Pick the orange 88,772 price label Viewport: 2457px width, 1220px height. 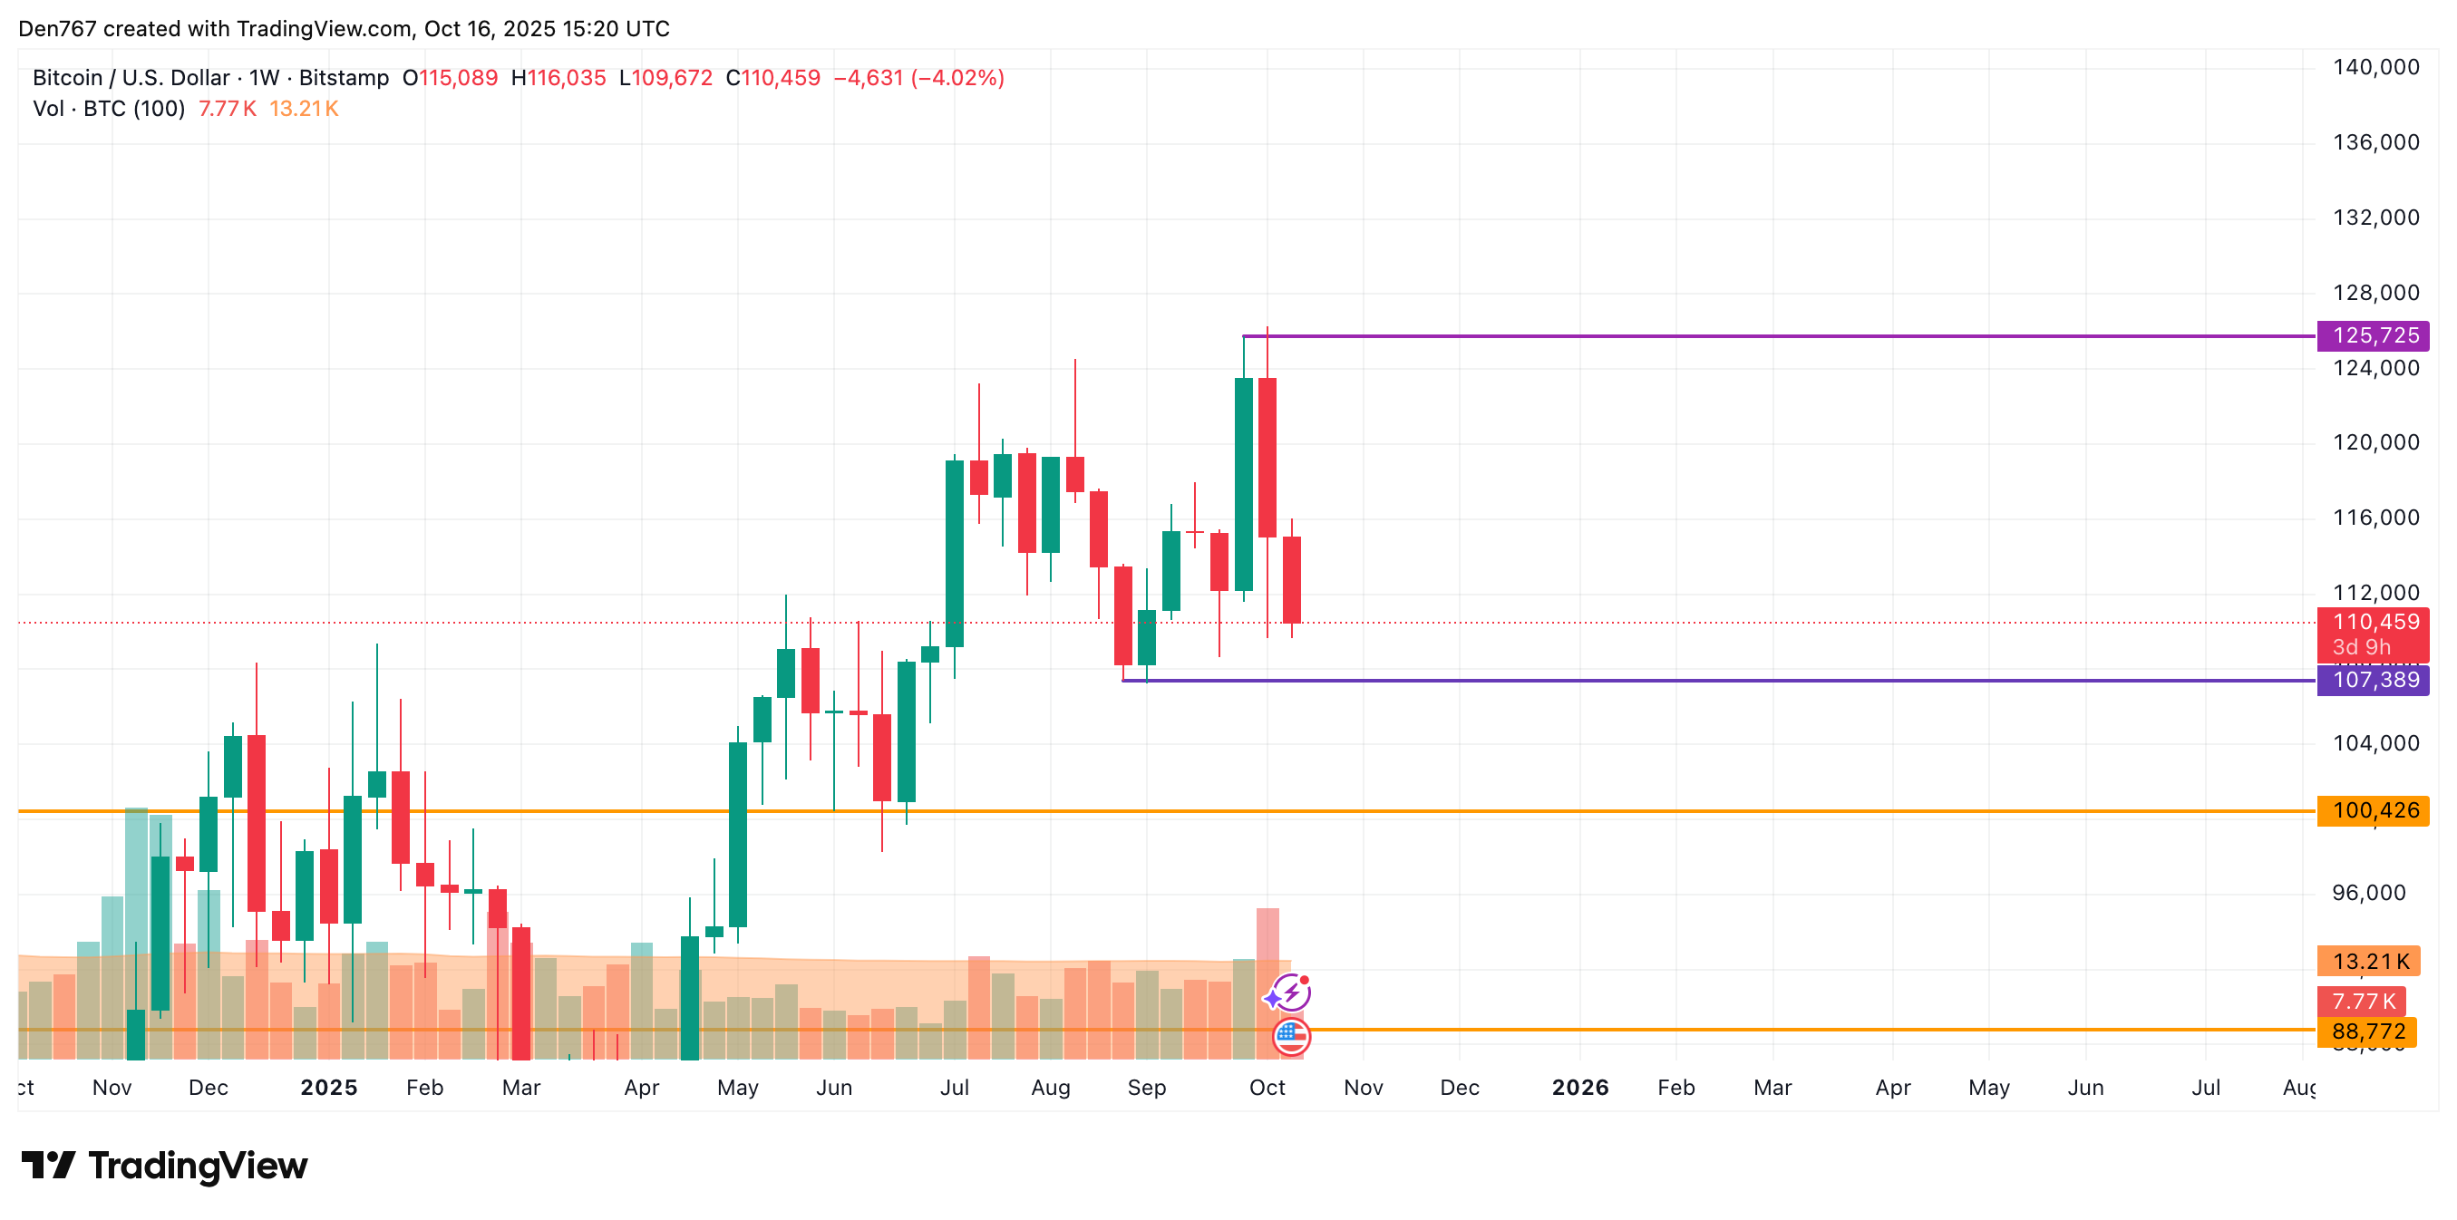[2367, 1031]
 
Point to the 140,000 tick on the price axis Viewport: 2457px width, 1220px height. [2376, 67]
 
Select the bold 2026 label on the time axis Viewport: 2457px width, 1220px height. [1579, 1088]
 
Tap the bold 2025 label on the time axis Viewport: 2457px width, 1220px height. [328, 1088]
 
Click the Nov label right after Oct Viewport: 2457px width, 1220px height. [1363, 1088]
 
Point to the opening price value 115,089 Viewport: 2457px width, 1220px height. [458, 78]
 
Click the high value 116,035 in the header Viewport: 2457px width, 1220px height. [567, 78]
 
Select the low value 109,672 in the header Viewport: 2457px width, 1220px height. [673, 78]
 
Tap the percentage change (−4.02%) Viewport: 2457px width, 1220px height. [957, 78]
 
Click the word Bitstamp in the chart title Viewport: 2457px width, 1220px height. [344, 78]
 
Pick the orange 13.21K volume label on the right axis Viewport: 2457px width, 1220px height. [2369, 962]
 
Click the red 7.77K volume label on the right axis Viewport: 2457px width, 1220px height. [2363, 1002]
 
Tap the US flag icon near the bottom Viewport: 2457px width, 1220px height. [1291, 1037]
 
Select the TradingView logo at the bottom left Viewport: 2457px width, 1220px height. [165, 1166]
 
